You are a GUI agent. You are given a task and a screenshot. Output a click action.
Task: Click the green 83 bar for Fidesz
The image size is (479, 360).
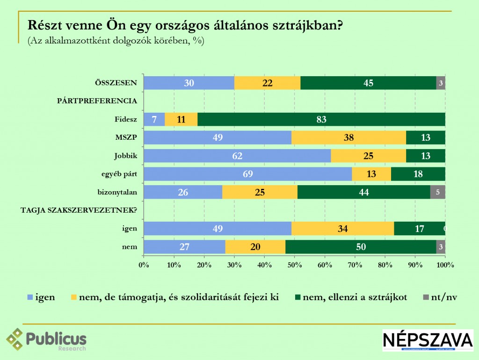[320, 119]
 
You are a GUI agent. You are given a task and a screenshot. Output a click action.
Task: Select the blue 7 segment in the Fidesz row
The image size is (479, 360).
[154, 119]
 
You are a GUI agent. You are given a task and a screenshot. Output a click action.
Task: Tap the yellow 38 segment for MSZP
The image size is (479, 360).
[348, 137]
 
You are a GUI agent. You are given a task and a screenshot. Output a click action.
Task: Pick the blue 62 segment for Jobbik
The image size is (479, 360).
[237, 156]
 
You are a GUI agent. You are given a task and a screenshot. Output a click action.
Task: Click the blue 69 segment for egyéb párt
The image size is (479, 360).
[247, 174]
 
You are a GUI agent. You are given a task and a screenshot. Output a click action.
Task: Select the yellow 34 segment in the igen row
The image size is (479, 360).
[342, 229]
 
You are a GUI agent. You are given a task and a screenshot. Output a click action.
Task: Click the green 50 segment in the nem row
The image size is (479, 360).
[361, 247]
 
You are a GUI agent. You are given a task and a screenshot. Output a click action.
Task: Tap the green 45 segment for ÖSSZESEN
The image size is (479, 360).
[368, 83]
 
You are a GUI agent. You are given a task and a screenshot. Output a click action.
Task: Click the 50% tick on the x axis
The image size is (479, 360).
[294, 265]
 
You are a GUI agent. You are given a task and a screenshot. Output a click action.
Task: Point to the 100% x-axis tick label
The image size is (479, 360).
[445, 265]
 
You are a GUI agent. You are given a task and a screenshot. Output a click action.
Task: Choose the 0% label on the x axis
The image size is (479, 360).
[144, 265]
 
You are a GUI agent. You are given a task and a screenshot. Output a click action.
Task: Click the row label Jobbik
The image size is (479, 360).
[125, 156]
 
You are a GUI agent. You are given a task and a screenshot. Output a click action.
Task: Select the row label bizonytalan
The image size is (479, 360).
[117, 192]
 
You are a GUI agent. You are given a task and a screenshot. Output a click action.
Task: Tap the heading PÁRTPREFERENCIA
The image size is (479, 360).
[97, 101]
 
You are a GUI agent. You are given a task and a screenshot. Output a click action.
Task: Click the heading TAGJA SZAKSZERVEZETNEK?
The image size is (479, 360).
[79, 210]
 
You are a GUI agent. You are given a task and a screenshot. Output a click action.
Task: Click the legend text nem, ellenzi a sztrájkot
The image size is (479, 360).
[355, 297]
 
